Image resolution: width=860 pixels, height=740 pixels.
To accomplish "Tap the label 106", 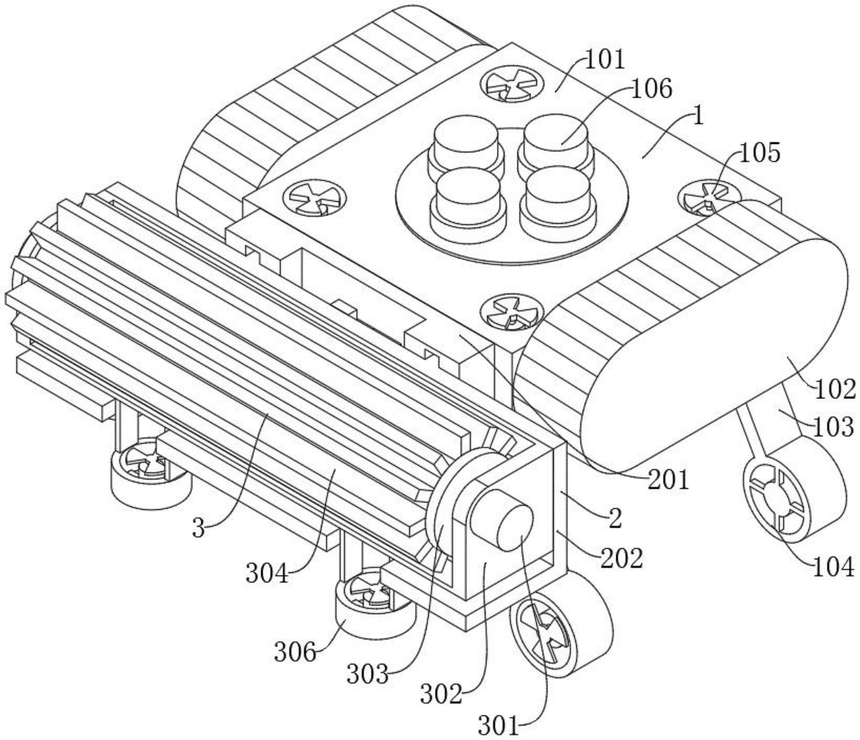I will click(652, 89).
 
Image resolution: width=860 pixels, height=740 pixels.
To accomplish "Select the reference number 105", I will click(760, 153).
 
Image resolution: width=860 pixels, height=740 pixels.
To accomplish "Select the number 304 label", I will click(267, 573).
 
